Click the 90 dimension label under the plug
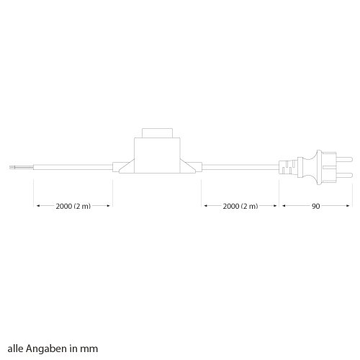315,206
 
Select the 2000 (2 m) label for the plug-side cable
240,206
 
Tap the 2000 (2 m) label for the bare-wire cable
73,206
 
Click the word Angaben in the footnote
47,348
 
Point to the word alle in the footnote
16,348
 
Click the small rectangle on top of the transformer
157,133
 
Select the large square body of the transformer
157,156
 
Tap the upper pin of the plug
344,159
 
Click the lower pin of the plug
344,175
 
